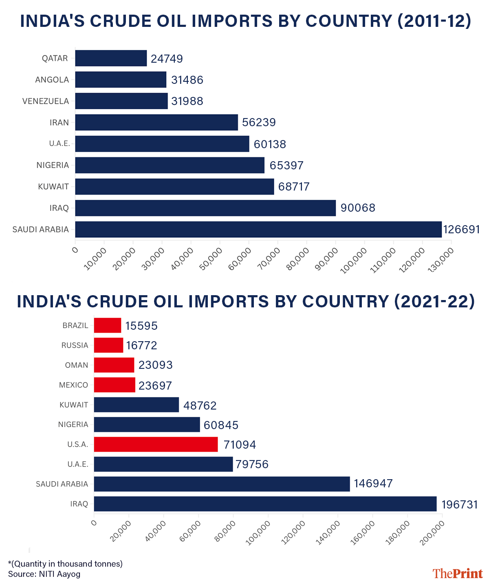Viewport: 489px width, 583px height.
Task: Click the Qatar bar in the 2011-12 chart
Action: click(111, 58)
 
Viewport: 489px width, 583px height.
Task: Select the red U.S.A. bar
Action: click(156, 444)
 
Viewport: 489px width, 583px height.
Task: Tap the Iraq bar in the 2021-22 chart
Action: click(265, 504)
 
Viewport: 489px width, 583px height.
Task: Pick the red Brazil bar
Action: click(108, 325)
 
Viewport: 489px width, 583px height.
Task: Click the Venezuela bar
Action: click(121, 101)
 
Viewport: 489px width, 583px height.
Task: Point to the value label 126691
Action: click(462, 230)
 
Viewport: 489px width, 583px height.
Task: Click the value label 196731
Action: click(459, 505)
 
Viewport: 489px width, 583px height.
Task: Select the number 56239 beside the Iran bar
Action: click(259, 123)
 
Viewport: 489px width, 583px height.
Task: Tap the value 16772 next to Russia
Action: click(141, 346)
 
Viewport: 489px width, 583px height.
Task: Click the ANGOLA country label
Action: click(52, 80)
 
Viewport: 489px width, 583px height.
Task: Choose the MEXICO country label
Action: click(73, 385)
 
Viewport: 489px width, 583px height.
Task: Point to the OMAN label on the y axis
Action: click(77, 365)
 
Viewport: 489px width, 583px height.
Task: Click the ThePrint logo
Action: click(458, 574)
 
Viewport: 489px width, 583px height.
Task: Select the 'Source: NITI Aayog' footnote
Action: click(44, 574)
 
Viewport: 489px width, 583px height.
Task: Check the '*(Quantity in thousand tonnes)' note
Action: click(65, 564)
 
